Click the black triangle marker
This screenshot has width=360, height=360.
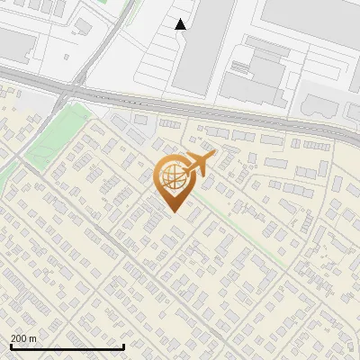tap(181, 24)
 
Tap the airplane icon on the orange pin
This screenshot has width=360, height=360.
tap(199, 164)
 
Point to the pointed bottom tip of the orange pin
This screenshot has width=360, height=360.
tap(174, 211)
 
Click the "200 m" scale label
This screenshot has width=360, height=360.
tap(23, 338)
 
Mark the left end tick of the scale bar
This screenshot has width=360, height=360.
tap(10, 346)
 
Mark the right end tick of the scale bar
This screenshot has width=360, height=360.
tap(123, 346)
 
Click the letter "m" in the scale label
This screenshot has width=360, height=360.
tap(32, 338)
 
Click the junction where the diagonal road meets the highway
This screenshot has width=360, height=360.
tap(72, 90)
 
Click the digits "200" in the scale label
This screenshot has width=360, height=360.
tap(19, 338)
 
